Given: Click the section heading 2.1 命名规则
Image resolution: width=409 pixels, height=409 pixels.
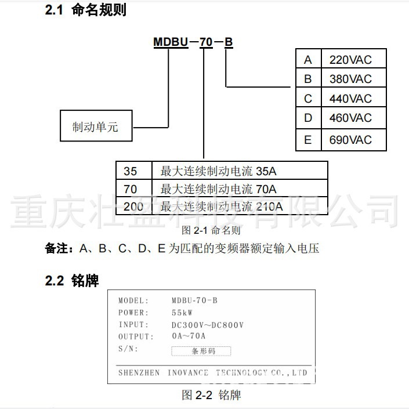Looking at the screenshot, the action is tap(86, 10).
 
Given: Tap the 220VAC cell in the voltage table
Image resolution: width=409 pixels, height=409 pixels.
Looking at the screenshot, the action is tap(350, 60).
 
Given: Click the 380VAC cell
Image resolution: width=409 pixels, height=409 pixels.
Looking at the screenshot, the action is tap(350, 79).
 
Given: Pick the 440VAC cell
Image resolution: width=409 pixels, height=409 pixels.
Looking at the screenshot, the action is tap(350, 99).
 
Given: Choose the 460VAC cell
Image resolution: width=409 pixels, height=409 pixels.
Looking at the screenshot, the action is tap(350, 118).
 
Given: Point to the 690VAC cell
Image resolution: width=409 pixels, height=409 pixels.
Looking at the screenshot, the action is tap(350, 140).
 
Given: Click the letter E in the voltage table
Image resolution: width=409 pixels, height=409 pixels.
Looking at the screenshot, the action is tap(308, 140).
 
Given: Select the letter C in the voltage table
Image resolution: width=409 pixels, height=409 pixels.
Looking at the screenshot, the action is tap(308, 99).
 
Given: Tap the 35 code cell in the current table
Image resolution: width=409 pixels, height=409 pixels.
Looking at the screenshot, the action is tap(131, 171).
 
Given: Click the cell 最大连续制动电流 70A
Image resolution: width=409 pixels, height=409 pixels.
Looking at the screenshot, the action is tap(218, 189).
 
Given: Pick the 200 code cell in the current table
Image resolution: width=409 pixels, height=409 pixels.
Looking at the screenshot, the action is tap(133, 207).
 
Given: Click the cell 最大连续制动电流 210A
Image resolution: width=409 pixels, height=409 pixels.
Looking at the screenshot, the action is tap(222, 207).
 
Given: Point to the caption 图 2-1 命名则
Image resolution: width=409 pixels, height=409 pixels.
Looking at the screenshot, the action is tap(211, 230).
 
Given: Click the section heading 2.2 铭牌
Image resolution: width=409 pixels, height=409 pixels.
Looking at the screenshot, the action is tap(72, 281).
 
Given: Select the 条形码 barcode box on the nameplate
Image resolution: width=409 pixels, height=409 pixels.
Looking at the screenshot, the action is tap(201, 351).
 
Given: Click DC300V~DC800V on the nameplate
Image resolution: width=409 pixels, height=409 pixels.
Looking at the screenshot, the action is tap(207, 325).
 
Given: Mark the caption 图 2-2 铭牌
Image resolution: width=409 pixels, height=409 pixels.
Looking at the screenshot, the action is tap(211, 395).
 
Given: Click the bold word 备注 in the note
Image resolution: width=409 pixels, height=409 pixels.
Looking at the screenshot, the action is tap(57, 249).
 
